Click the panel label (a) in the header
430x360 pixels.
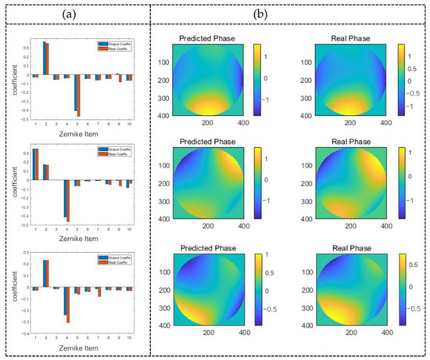point(77,14)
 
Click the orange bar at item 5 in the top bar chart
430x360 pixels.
point(79,95)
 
